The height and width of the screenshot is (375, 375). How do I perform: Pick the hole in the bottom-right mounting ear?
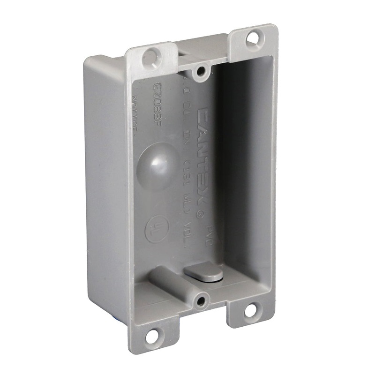pyautogui.click(x=251, y=309)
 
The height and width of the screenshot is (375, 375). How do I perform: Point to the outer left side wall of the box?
pyautogui.click(x=105, y=187)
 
